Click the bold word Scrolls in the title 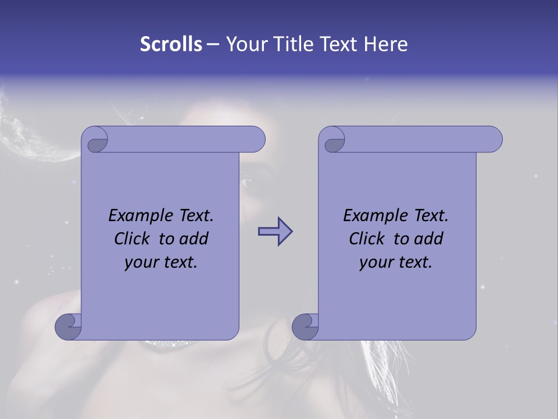[171, 44]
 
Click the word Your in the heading [249, 44]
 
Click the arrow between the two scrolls [276, 232]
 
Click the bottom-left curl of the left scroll [68, 326]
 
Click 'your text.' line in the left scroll [160, 262]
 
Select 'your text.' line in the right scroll [395, 262]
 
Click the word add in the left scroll [193, 239]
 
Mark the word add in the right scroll [428, 239]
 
